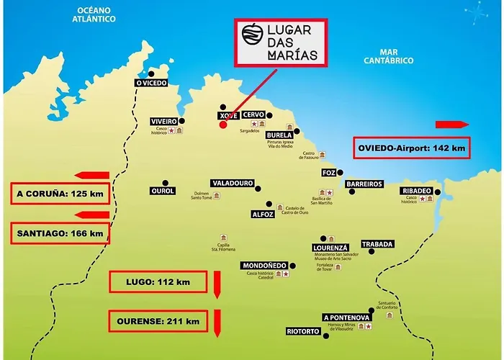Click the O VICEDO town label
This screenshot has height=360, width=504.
pyautogui.click(x=151, y=84)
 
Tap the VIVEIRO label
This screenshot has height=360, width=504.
pyautogui.click(x=163, y=121)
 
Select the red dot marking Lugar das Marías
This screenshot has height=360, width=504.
pyautogui.click(x=222, y=125)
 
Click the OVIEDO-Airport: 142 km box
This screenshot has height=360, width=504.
pyautogui.click(x=411, y=149)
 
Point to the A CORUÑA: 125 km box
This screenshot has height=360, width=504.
pyautogui.click(x=60, y=194)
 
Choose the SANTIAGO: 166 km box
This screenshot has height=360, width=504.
pyautogui.click(x=60, y=233)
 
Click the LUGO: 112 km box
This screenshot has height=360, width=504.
pyautogui.click(x=157, y=282)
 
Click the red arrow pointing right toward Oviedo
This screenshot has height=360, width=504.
pyautogui.click(x=451, y=124)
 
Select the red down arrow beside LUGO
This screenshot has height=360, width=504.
pyautogui.click(x=216, y=284)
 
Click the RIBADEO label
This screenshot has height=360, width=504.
pyautogui.click(x=417, y=191)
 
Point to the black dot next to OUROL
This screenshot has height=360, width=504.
pyautogui.click(x=166, y=182)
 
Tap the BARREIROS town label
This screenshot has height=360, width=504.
pyautogui.click(x=364, y=184)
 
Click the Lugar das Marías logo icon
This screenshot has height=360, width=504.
pyautogui.click(x=252, y=35)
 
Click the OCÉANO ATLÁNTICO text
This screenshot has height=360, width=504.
pyautogui.click(x=92, y=14)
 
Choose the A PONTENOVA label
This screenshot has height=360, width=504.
pyautogui.click(x=346, y=318)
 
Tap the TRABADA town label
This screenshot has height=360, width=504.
pyautogui.click(x=377, y=244)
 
